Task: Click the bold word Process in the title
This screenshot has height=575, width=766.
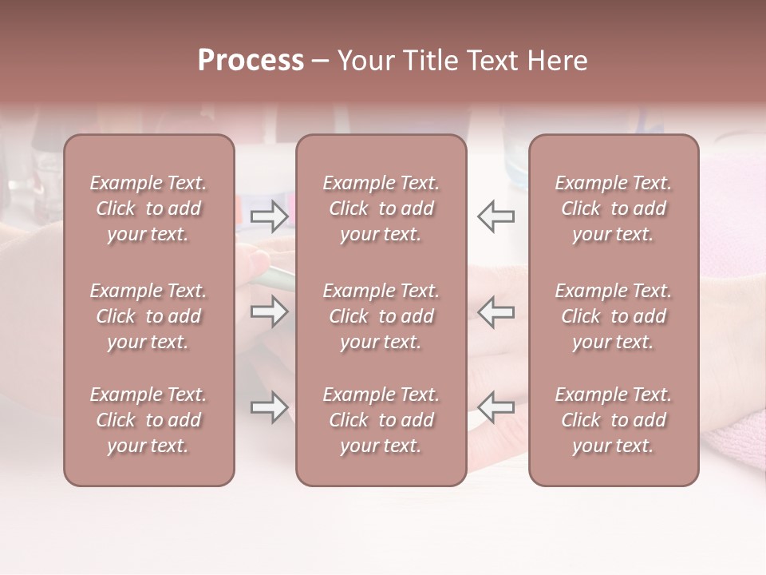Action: [251, 61]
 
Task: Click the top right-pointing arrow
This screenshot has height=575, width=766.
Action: [270, 216]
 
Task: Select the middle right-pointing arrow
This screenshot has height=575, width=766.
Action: [270, 311]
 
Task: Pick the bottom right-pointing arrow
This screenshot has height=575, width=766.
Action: [270, 407]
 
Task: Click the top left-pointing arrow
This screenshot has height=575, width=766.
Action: [496, 216]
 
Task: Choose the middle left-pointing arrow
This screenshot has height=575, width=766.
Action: [496, 311]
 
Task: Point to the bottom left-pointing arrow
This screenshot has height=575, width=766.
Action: [496, 407]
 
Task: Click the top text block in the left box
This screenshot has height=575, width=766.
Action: [148, 208]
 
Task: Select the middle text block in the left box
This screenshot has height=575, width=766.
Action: [148, 316]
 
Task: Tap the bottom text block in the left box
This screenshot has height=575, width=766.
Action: [148, 420]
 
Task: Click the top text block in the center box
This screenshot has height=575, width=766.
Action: [381, 208]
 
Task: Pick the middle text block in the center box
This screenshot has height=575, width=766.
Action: [381, 316]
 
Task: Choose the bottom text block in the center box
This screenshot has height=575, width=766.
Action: [381, 420]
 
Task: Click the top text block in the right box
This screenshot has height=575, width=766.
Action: [613, 208]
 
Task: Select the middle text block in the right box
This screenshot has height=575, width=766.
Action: [613, 316]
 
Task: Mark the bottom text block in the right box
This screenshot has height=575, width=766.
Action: [613, 420]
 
